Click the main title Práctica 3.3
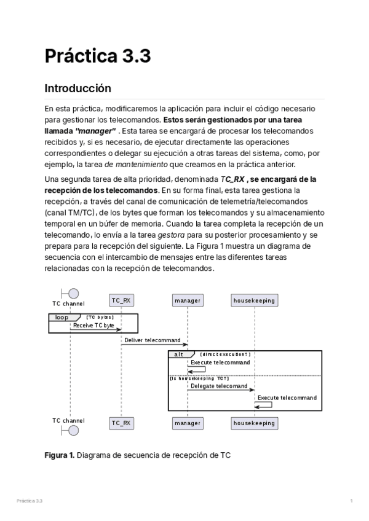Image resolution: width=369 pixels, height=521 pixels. point(97,56)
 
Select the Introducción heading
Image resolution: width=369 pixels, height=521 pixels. point(77,88)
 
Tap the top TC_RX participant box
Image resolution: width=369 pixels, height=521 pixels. point(121,300)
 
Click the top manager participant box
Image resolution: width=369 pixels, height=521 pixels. point(188,300)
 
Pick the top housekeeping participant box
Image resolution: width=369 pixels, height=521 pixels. point(254,300)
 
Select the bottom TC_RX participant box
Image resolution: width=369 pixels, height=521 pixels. point(121,423)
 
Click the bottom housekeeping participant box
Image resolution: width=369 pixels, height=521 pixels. point(254,423)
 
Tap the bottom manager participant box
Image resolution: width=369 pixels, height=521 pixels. point(188,423)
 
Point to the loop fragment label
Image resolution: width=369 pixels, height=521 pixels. point(62,317)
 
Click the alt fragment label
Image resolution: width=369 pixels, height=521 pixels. point(180,355)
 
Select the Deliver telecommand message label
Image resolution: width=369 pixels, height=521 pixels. point(153,340)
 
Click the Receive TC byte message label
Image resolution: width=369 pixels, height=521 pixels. point(94,324)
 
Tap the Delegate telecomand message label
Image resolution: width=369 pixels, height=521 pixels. point(219,386)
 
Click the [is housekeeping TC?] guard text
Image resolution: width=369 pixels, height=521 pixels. point(199,378)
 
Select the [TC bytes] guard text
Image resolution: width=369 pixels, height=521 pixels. point(100,317)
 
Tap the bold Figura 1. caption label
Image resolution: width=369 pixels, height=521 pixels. point(59,455)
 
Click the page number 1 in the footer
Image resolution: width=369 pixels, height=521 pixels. point(351,501)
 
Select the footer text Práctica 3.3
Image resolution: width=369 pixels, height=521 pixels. point(30,501)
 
